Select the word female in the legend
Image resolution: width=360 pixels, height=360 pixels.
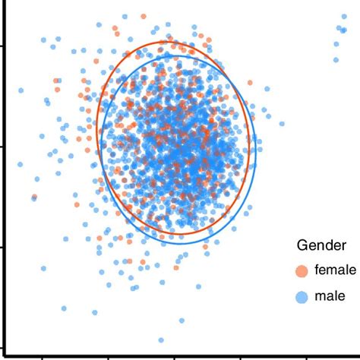click(x=335, y=270)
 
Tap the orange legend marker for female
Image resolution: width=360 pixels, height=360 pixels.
click(x=302, y=270)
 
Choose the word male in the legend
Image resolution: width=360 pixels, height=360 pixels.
click(x=330, y=296)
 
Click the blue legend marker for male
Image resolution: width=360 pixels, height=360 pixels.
click(x=302, y=296)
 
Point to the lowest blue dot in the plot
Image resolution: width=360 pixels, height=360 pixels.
click(x=161, y=340)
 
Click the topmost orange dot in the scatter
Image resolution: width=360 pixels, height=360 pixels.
click(x=144, y=16)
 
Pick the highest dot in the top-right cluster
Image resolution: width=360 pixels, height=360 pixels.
click(x=339, y=28)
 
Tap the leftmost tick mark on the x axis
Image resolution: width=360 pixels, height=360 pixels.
click(x=43, y=355)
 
